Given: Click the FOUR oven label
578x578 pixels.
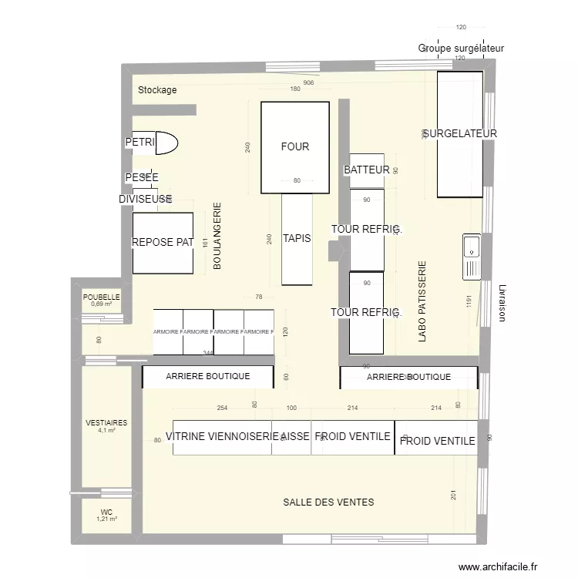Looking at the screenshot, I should (295, 146).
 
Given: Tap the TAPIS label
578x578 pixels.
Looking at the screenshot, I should (297, 238).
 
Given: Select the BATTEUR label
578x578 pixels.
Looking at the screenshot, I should (366, 170).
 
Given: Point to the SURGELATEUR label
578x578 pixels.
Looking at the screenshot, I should (459, 133).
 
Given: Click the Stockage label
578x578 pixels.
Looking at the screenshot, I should (157, 90).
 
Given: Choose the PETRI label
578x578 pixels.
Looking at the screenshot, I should (139, 143).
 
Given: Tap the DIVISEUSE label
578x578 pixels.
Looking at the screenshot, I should (143, 199).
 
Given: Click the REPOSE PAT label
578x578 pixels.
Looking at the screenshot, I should (162, 242).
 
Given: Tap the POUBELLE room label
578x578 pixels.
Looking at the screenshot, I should (102, 297).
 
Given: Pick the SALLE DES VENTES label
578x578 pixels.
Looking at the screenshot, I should (328, 502).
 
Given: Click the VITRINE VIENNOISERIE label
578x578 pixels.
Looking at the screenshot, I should (221, 436).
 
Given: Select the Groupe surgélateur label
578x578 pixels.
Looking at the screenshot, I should (461, 48).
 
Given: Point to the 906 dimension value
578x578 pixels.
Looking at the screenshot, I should (308, 82).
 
